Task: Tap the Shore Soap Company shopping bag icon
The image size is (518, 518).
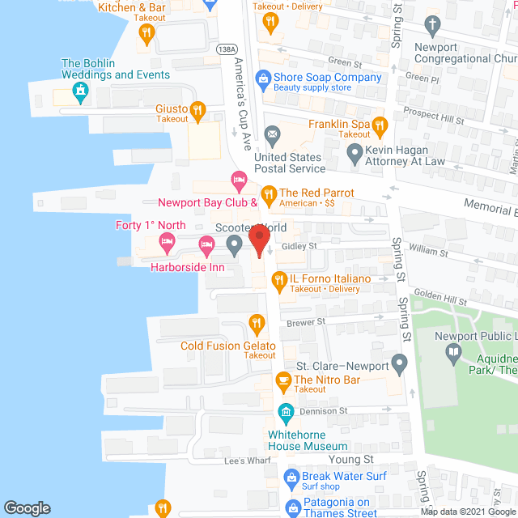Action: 262,79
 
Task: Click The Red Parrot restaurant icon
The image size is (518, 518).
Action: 269,193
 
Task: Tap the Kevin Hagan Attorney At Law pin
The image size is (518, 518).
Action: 355,151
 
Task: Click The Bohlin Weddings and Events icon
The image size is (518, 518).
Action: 81,95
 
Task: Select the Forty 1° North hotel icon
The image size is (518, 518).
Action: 168,240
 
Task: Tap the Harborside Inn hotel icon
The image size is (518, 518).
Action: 206,244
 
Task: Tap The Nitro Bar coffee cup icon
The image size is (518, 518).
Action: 283,380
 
